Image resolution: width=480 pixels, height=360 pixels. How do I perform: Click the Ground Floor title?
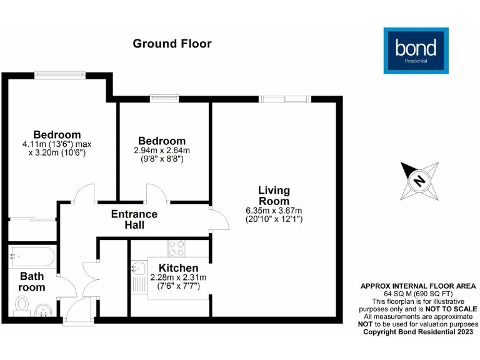172,44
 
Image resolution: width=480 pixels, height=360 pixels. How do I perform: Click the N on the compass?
419,181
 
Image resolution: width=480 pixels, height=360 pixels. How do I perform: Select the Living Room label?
274,196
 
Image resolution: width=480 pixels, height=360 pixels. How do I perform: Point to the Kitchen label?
178,268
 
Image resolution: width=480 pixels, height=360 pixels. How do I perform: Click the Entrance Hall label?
134,219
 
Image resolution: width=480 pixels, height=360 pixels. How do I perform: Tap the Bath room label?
32,282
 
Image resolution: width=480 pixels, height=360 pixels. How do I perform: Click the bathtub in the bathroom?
33,256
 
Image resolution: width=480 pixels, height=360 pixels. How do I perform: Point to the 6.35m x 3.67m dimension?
274,211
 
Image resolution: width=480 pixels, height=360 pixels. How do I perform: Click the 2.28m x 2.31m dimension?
178,278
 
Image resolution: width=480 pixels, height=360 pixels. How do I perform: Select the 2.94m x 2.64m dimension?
162,151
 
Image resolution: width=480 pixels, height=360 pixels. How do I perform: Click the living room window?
284,98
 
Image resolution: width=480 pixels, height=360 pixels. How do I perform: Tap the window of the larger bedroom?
60,74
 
